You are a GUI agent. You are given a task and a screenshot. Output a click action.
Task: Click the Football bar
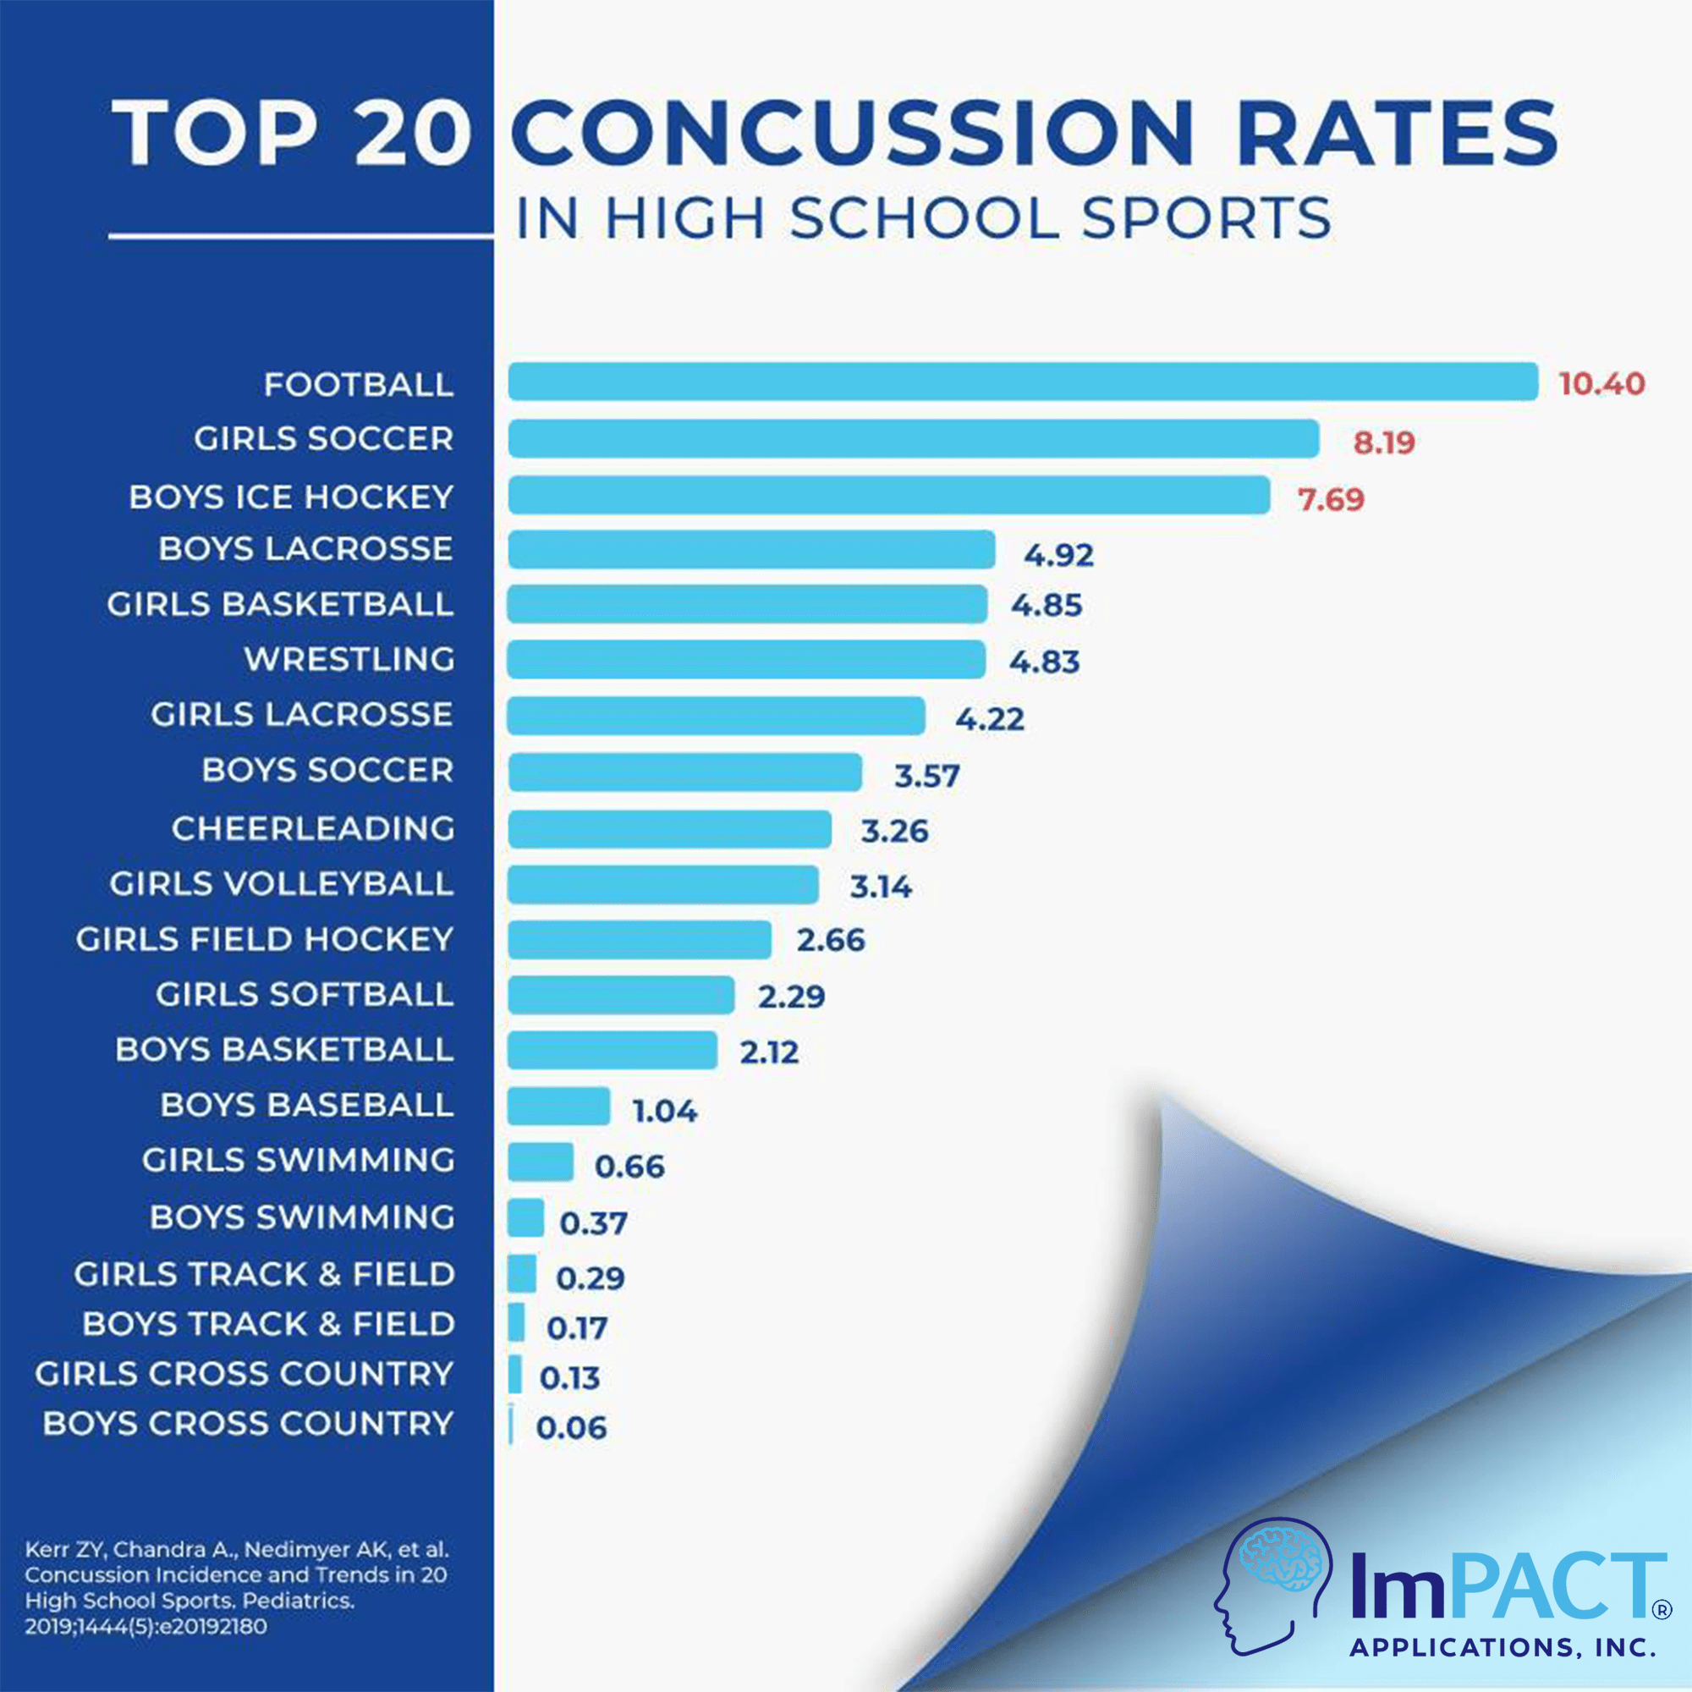[x=1022, y=382]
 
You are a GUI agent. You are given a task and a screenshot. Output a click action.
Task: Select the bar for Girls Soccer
[x=914, y=438]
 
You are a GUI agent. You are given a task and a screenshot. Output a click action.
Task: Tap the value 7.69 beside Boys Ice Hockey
[x=1330, y=499]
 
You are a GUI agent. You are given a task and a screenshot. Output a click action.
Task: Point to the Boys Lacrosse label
[x=305, y=549]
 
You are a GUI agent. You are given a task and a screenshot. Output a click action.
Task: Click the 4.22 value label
[x=989, y=719]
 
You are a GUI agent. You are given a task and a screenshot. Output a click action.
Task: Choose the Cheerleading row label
[x=313, y=828]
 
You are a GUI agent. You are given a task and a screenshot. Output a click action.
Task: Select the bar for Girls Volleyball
[x=663, y=885]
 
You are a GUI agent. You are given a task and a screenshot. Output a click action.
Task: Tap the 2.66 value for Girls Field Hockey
[x=830, y=941]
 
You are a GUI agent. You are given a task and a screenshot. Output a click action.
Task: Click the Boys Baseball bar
[x=558, y=1106]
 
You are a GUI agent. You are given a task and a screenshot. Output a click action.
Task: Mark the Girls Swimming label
[x=298, y=1161]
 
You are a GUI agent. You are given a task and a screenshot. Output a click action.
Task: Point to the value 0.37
[x=593, y=1223]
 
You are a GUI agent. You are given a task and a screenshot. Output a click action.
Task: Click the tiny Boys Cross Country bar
[x=511, y=1425]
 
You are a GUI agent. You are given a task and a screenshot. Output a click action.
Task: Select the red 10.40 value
[x=1601, y=383]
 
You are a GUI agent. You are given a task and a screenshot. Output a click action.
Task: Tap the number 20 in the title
[x=414, y=133]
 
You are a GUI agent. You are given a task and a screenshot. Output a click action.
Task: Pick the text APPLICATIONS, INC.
[x=1502, y=1647]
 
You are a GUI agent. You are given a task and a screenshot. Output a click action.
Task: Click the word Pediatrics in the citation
[x=298, y=1601]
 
